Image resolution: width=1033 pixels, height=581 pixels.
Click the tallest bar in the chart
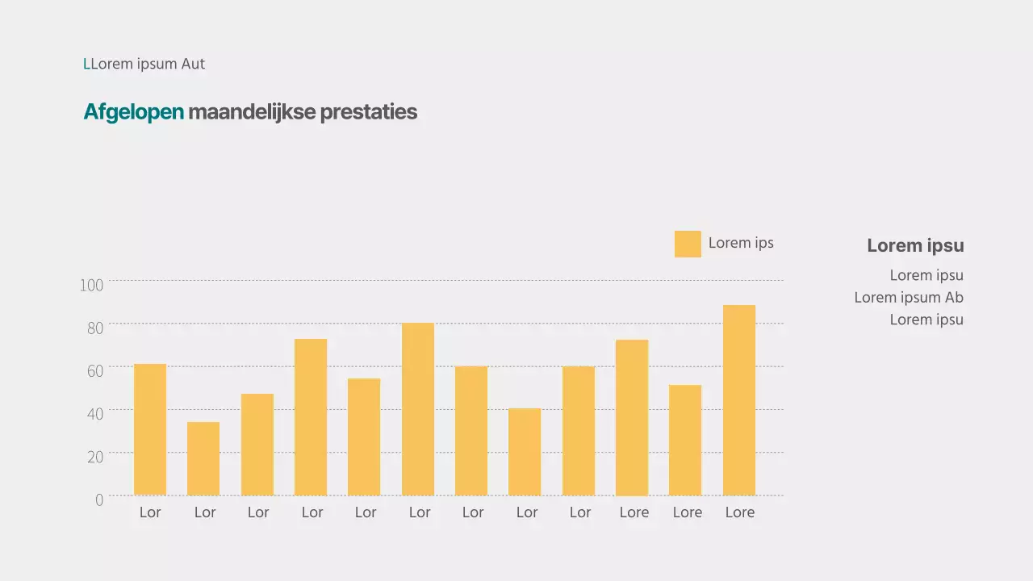pos(738,400)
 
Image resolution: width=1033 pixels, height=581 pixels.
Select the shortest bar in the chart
pos(203,458)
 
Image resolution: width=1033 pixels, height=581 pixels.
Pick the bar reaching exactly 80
pos(418,409)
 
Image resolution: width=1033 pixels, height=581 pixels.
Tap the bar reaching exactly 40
pos(525,452)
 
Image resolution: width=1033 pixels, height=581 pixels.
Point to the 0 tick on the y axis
pos(99,499)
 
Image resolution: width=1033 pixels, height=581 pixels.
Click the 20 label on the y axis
pos(95,457)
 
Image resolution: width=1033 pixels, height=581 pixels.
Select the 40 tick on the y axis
pos(95,414)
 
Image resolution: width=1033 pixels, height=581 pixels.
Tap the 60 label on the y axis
pos(95,371)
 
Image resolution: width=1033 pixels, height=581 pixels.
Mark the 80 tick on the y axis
pos(95,328)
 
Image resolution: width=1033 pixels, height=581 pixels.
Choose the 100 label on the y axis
pos(92,285)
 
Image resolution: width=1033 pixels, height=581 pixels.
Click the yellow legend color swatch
pos(688,244)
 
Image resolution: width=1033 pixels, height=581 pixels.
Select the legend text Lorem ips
pos(741,243)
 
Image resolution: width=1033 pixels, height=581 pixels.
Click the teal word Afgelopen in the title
pos(134,112)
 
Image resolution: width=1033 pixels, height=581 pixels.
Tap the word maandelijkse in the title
pos(252,112)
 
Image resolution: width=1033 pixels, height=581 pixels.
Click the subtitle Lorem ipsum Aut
pos(144,64)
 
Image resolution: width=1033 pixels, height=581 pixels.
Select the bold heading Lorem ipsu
pos(915,245)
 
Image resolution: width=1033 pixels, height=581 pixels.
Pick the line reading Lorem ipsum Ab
pos(909,297)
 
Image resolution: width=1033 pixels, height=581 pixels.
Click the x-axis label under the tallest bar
pos(739,512)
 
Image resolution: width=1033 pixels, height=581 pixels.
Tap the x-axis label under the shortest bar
pos(205,512)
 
